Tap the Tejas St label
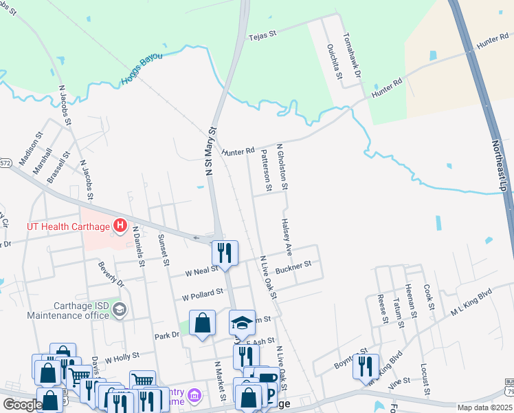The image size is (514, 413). tap(261, 34)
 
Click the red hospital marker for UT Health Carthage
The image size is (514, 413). tap(121, 225)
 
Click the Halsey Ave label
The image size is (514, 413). tap(287, 236)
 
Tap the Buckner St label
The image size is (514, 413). tap(293, 266)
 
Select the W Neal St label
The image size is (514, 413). tap(201, 272)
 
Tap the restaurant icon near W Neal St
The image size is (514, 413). tap(225, 252)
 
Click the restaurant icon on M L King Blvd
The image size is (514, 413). tap(366, 365)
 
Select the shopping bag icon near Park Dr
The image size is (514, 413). tap(203, 322)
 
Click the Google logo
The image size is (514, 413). tap(23, 405)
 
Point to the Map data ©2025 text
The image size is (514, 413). tap(484, 407)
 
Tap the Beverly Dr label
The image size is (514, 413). tap(110, 274)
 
